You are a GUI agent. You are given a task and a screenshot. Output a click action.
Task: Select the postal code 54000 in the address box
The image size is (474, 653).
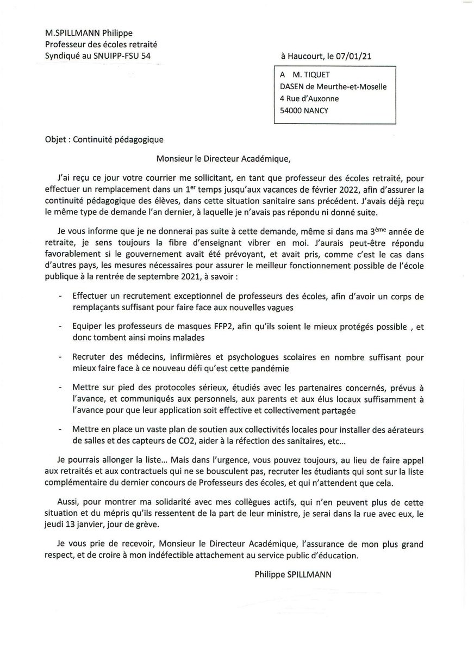tap(291, 110)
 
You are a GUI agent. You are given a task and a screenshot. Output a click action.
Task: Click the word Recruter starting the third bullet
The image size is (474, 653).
tap(88, 358)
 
